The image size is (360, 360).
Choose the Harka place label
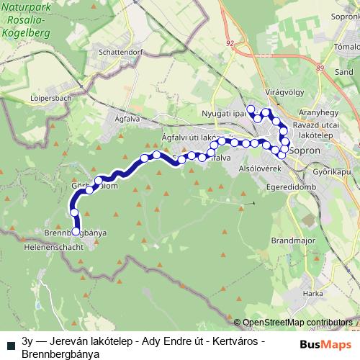pyautogui.click(x=312, y=293)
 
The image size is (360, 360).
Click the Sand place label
pyautogui.click(x=343, y=73)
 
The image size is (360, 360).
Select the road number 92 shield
pyautogui.click(x=229, y=43)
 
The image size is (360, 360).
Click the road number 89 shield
pyautogui.click(x=320, y=67)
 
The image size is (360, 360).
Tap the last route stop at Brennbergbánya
pyautogui.click(x=76, y=232)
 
